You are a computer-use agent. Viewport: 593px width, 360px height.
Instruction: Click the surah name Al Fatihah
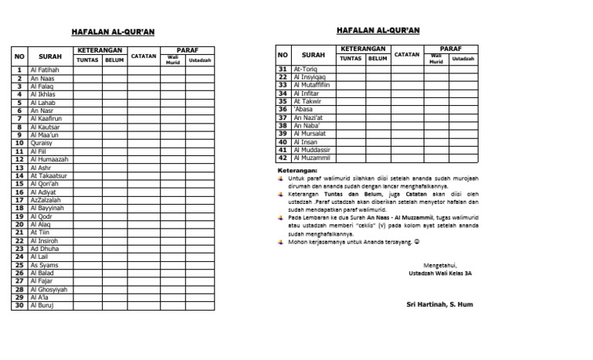(44, 70)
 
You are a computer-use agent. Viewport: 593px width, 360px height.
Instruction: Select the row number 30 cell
(19, 305)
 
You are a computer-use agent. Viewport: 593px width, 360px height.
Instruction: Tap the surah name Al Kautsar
(45, 127)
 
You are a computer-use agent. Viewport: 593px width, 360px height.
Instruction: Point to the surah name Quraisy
(41, 143)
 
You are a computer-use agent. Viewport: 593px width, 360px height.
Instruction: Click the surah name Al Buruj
(42, 305)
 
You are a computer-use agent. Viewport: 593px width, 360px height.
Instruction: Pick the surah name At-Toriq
(305, 69)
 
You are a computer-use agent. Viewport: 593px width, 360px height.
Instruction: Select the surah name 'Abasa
(303, 109)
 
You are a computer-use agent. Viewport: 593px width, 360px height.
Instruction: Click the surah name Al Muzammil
(311, 158)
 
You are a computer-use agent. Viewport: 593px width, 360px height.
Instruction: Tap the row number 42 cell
(283, 158)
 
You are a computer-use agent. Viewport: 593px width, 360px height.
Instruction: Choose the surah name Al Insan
(306, 141)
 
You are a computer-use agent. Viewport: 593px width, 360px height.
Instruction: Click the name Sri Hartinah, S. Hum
(440, 304)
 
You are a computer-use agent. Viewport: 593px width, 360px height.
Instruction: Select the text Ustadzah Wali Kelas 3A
(440, 273)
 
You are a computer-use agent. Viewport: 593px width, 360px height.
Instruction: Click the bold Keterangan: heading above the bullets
(296, 170)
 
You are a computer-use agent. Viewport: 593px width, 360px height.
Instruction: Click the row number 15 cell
(19, 184)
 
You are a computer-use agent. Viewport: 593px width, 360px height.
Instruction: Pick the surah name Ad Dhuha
(44, 248)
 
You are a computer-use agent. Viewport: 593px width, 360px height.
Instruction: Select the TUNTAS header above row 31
(351, 58)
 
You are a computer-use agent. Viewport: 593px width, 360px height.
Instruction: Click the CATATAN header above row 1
(143, 56)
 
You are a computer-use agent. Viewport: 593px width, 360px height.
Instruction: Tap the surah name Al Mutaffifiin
(312, 85)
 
